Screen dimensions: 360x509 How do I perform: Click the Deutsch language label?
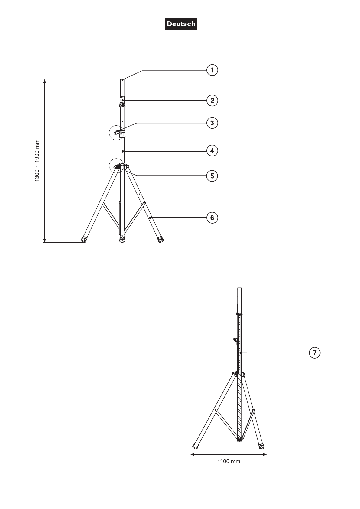tap(181, 24)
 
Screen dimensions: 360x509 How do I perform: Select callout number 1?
tap(212, 70)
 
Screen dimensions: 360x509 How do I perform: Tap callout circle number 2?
tap(212, 101)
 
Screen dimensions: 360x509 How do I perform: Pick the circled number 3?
tap(212, 123)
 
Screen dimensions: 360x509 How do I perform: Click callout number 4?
tap(212, 151)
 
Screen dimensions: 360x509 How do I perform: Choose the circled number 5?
tap(212, 176)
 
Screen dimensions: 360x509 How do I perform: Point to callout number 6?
tap(212, 218)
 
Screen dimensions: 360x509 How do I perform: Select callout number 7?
tap(315, 353)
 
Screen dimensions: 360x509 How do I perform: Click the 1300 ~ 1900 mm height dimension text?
tap(37, 160)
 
